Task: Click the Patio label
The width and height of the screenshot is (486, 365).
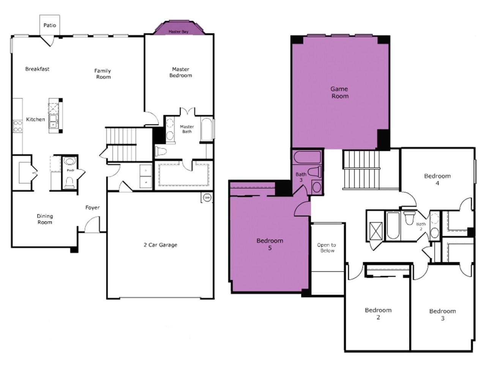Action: tap(50, 25)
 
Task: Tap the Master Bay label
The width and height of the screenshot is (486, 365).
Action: tap(178, 32)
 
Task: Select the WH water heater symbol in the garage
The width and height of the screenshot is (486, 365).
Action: tap(207, 198)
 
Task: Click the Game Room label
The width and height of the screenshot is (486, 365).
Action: tap(339, 92)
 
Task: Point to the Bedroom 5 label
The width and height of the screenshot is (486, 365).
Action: tap(270, 244)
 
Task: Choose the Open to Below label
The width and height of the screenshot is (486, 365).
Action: tap(327, 248)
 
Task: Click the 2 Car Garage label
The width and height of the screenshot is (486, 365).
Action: tap(160, 245)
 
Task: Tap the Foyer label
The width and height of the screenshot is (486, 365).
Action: tap(92, 208)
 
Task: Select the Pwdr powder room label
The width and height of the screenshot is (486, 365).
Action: tap(70, 171)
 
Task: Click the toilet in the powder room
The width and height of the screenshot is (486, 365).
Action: tap(69, 184)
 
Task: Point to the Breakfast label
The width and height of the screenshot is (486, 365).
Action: tap(37, 69)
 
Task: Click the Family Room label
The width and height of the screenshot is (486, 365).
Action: tap(103, 74)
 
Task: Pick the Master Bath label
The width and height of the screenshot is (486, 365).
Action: tap(187, 129)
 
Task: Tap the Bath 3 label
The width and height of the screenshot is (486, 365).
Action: tap(301, 177)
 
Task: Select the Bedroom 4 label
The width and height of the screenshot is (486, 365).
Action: tap(437, 179)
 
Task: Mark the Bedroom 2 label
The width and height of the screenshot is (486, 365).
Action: tap(378, 314)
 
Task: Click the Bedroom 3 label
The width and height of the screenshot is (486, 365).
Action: tap(442, 315)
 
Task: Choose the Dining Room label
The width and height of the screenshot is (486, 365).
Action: tap(45, 219)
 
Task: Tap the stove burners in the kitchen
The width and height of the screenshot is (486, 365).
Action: tap(17, 126)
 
